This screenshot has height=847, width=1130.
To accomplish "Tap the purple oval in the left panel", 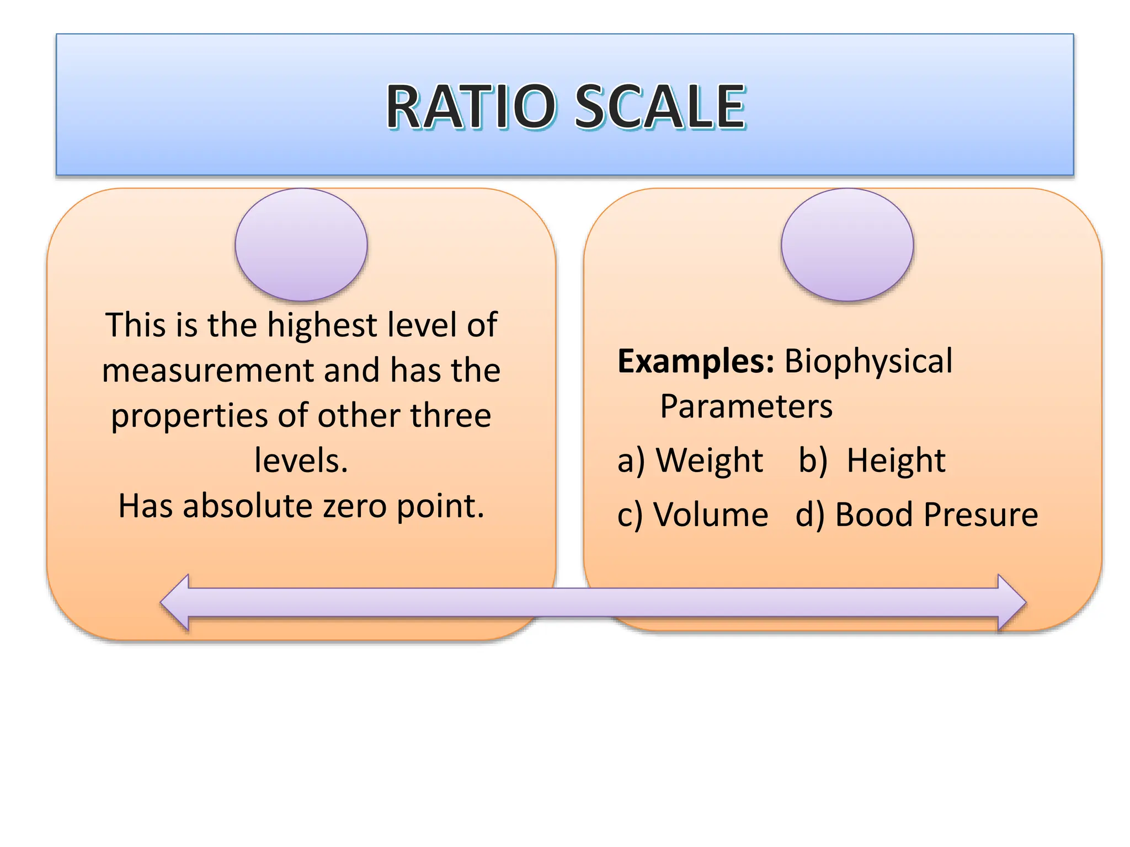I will point(301,244).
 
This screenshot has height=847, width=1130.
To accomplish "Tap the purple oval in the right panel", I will point(847,244).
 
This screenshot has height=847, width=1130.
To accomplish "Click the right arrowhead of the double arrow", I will point(1011,603).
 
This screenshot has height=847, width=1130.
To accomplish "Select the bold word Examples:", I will point(696,361).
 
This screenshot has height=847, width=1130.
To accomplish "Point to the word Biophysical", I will point(868,362).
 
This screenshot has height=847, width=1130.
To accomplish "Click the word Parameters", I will point(746,406).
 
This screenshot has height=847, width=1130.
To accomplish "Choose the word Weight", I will point(710,461).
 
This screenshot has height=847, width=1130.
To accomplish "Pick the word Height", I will point(896,461).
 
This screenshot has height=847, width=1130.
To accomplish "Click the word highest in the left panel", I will point(322,325).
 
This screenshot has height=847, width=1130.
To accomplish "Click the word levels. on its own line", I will point(301,460).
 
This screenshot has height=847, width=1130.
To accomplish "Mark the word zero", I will point(354,506).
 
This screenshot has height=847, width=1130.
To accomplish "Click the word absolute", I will point(248,506).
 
